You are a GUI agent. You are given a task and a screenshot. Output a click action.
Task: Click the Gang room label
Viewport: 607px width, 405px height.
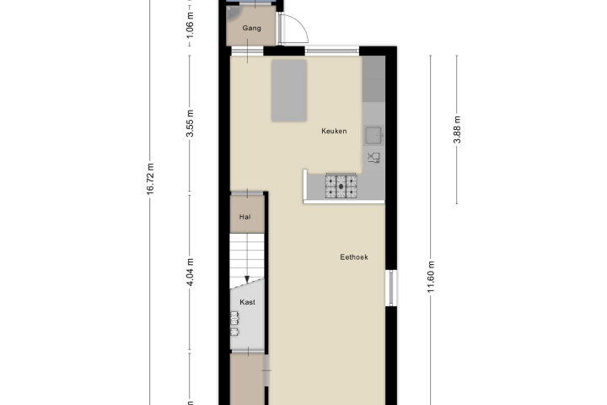coord(251,29)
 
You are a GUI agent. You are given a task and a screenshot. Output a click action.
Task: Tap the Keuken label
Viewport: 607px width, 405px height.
coord(334,131)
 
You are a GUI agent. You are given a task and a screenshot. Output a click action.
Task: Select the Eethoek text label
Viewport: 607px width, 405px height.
coord(354,257)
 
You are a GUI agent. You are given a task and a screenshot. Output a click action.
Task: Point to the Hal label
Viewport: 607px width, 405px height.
coord(244,217)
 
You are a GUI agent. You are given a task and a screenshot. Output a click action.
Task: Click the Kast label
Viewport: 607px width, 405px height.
coord(247,302)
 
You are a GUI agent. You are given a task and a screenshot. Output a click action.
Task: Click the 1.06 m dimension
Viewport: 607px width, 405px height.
coord(190,25)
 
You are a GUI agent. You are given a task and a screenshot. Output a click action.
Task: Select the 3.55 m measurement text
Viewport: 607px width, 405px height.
coord(190,124)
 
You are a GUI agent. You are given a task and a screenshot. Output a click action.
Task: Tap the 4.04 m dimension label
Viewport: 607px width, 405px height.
coord(190,272)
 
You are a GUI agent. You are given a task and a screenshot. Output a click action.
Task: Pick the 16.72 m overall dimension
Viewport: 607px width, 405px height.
coord(151,179)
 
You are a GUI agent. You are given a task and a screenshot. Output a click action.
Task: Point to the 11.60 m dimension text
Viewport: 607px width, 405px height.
coord(431,278)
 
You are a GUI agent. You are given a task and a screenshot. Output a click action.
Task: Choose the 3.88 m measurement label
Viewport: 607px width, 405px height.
coord(457,129)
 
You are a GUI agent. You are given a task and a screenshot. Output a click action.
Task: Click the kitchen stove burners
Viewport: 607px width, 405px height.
coord(341,186)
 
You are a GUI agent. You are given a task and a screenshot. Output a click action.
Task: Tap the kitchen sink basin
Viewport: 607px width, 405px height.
coord(374,135)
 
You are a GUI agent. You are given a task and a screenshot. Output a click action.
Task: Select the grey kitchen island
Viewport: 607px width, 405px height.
coord(289,90)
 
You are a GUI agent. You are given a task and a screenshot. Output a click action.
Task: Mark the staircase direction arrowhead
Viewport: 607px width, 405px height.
coord(247,279)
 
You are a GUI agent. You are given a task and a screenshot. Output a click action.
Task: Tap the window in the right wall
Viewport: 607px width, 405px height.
coord(391,288)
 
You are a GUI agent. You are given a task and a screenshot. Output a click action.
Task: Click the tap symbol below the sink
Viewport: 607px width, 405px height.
coord(374,158)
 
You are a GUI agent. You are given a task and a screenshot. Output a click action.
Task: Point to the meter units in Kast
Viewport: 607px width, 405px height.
coord(234,324)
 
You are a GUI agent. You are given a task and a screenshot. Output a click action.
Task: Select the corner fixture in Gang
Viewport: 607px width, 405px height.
coord(233,13)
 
